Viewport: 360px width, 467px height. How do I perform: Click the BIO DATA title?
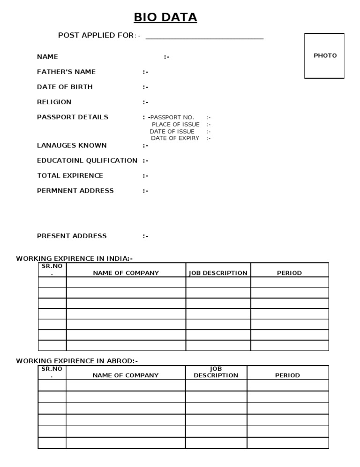[x=165, y=18]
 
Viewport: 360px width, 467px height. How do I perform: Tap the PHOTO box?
[x=324, y=55]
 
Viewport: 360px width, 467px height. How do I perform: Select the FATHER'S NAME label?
[x=66, y=72]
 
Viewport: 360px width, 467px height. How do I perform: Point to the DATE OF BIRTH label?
[x=65, y=87]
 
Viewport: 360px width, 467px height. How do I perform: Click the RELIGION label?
[x=54, y=102]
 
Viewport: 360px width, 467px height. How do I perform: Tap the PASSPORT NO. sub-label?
[x=172, y=117]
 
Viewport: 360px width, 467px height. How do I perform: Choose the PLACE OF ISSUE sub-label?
[x=175, y=125]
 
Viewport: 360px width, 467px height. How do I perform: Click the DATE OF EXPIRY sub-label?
[x=175, y=139]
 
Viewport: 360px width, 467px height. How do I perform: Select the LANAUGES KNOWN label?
[x=72, y=146]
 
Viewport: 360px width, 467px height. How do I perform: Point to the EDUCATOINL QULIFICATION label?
[x=87, y=161]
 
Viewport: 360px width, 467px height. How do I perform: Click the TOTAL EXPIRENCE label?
[x=70, y=176]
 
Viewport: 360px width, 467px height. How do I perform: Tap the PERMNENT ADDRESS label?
[x=75, y=191]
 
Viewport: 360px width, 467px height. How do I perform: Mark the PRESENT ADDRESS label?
[x=72, y=236]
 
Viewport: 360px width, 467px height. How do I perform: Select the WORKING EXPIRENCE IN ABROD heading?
[x=77, y=361]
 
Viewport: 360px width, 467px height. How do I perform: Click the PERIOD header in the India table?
[x=289, y=273]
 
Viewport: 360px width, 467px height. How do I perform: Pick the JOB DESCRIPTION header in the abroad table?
[x=216, y=373]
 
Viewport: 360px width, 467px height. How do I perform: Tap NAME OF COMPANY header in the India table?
[x=126, y=273]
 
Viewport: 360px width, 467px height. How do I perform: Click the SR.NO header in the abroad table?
[x=52, y=372]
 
